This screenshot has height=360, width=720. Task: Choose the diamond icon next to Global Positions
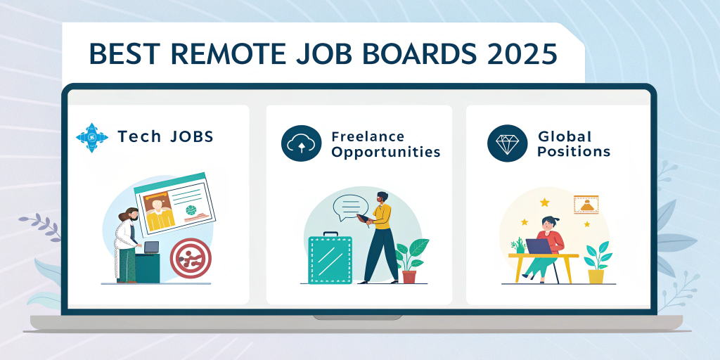507,143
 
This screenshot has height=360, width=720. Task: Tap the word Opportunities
386,152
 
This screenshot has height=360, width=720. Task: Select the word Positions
574,152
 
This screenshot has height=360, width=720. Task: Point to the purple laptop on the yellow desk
539,246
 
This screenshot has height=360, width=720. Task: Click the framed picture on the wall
586,204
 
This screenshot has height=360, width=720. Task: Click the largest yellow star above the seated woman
544,202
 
